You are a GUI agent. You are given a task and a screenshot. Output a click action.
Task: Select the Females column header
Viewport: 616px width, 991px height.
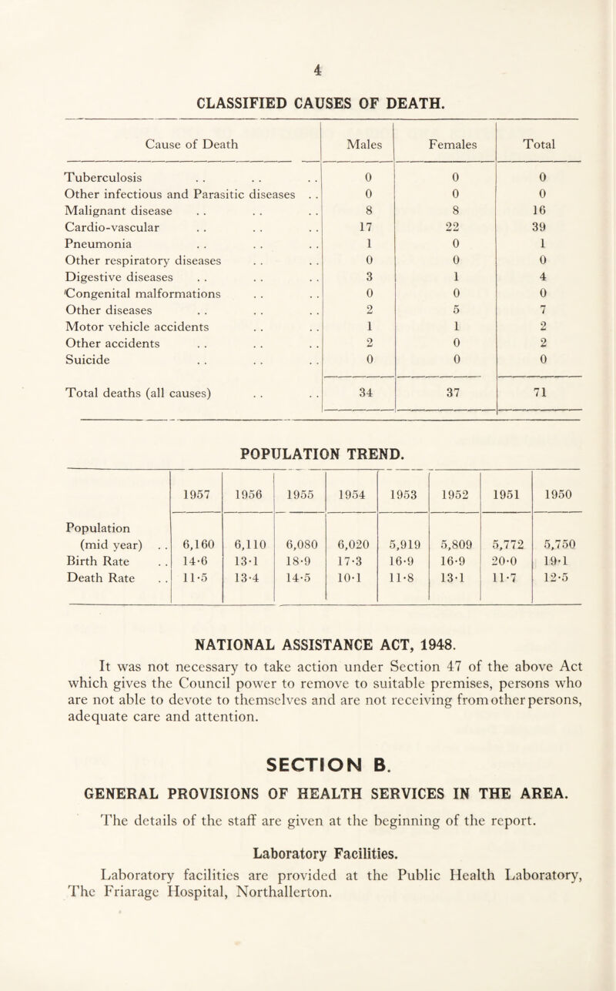click(x=444, y=142)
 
